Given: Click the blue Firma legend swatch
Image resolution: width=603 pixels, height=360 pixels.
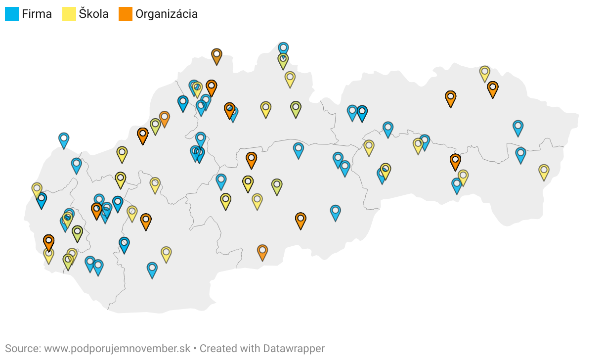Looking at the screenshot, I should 12,14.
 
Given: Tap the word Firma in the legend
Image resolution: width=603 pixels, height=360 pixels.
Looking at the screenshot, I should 37,14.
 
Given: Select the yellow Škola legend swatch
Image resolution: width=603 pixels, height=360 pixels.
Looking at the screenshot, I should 69,14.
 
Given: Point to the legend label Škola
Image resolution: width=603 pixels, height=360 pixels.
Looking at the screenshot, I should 93,14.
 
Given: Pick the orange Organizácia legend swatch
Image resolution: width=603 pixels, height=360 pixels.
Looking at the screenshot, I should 126,14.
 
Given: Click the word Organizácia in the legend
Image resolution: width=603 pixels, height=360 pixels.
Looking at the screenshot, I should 167,14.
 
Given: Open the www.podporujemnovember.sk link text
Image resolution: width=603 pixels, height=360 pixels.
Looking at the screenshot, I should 117,348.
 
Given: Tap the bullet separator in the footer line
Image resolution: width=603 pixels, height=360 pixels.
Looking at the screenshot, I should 195,348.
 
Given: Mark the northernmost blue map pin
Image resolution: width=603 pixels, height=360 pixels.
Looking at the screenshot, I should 283,48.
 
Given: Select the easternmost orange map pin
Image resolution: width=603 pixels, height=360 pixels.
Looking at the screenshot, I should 493,88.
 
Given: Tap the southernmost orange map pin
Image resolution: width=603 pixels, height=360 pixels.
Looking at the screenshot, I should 262,251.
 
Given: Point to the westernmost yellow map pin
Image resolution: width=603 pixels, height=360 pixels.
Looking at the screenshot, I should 37,188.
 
